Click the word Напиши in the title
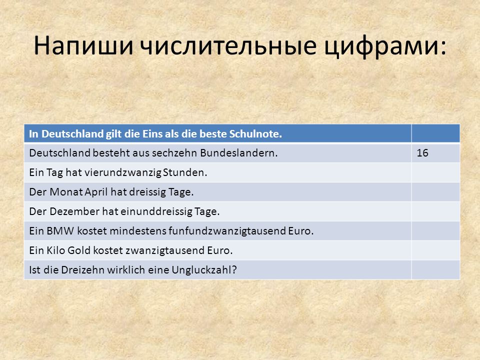point(83,46)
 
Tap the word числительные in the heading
point(228,46)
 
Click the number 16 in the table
point(422,153)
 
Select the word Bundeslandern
point(239,153)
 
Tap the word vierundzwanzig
point(123,172)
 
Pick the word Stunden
point(185,172)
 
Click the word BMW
point(60,231)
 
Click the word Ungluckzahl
point(204,270)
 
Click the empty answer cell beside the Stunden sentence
point(435,172)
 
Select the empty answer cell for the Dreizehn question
point(435,269)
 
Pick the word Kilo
point(55,250)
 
